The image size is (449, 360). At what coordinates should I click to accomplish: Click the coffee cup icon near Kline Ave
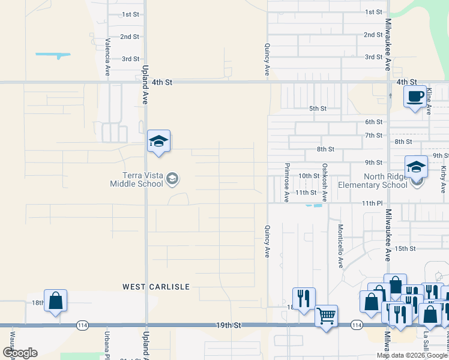click(415, 97)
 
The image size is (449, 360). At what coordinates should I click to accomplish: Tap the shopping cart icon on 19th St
click(326, 314)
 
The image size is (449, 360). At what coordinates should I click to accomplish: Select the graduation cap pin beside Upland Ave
click(158, 142)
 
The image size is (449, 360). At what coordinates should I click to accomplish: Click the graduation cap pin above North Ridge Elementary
click(416, 168)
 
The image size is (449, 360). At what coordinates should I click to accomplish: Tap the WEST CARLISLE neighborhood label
click(156, 287)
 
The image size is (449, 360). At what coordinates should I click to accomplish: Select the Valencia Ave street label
click(108, 58)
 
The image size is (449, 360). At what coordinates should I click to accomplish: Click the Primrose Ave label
click(287, 182)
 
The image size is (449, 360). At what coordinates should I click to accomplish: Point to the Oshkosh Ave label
click(324, 182)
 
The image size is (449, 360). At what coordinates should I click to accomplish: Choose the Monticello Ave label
click(340, 246)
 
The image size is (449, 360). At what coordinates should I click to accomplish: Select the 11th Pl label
click(372, 204)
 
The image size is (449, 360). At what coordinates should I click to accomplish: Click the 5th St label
click(317, 109)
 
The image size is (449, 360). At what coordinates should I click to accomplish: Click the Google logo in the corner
click(20, 352)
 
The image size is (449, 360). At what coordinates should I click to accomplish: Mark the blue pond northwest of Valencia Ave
click(53, 56)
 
